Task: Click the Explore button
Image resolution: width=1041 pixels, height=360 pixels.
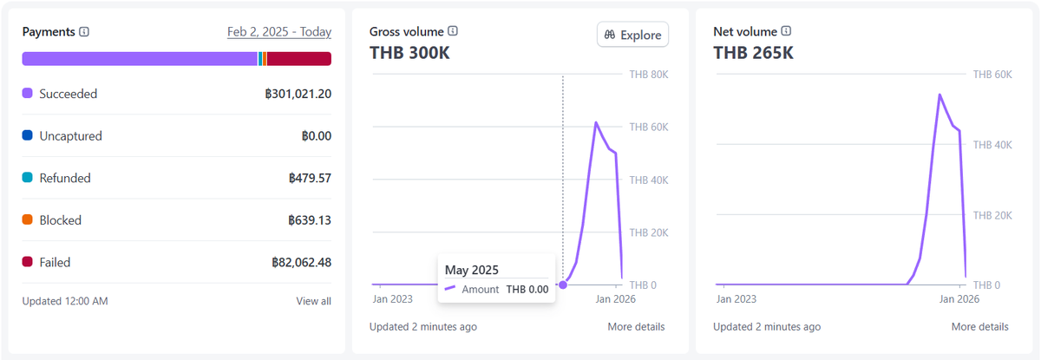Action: click(x=632, y=35)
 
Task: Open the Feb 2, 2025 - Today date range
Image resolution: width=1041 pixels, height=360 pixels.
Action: click(x=278, y=31)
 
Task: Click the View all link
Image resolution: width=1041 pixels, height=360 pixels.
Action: click(x=314, y=301)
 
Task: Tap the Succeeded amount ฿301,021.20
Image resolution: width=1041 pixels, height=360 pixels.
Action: click(x=298, y=94)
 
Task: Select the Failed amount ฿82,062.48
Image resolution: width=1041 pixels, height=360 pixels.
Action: click(x=301, y=263)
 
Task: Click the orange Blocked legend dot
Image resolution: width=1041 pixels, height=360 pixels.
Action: click(x=28, y=219)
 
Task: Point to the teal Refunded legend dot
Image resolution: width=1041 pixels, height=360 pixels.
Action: click(x=28, y=178)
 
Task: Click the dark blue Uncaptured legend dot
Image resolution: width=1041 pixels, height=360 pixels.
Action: click(x=28, y=135)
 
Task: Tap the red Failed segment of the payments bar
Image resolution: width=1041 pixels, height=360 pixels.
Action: click(x=298, y=59)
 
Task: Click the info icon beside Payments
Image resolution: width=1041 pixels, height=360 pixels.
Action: click(x=84, y=31)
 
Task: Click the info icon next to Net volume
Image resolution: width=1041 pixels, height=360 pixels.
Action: click(x=786, y=31)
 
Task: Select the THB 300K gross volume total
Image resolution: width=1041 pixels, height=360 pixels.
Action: click(x=409, y=53)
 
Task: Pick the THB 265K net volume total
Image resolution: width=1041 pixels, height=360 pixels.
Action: click(x=753, y=53)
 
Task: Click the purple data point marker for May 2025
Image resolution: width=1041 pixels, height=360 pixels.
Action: click(x=563, y=285)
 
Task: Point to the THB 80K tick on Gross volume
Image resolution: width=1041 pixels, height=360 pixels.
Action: click(x=649, y=75)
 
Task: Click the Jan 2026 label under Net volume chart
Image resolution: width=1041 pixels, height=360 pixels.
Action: click(x=959, y=299)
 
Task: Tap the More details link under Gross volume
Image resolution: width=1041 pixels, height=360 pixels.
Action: click(x=636, y=327)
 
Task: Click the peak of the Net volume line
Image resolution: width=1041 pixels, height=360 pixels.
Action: click(x=940, y=95)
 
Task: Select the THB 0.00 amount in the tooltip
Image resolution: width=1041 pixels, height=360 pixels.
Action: click(x=527, y=290)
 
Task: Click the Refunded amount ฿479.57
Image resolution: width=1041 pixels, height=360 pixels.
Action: click(x=310, y=178)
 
